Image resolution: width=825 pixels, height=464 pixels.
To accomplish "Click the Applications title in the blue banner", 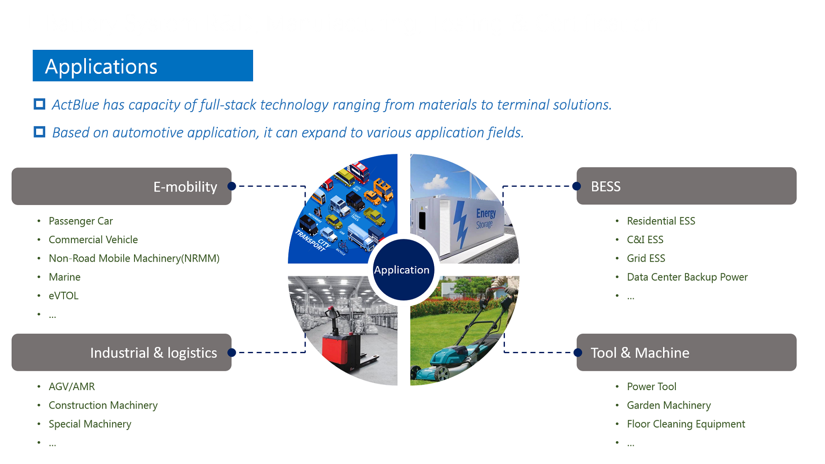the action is (x=101, y=67).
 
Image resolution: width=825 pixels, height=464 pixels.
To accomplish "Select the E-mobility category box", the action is (x=122, y=186).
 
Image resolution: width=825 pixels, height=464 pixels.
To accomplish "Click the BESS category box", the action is (x=686, y=186).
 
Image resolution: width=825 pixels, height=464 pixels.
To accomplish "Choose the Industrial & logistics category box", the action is (x=122, y=352).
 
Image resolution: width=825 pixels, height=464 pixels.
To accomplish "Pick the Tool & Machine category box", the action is (x=686, y=352).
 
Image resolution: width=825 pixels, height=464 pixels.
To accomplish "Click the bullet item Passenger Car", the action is (x=81, y=221).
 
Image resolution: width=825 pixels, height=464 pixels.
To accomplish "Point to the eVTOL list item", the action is (x=64, y=296).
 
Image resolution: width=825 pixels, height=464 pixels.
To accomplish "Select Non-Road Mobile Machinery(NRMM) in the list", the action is (x=134, y=258).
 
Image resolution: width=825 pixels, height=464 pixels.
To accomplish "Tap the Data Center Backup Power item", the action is (x=687, y=277).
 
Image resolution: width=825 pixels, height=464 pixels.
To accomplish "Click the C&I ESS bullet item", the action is (x=645, y=240).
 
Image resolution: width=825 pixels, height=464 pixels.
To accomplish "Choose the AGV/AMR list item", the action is (x=72, y=387).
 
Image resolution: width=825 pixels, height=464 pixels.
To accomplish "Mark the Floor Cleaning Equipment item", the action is (x=686, y=424).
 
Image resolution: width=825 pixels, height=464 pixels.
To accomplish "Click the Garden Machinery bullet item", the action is (x=669, y=405).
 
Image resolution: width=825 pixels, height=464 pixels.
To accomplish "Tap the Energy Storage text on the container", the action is (x=486, y=219).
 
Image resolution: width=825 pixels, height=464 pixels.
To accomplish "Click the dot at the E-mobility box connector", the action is (x=232, y=186).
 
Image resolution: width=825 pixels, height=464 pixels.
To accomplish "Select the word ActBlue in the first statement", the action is (x=76, y=105).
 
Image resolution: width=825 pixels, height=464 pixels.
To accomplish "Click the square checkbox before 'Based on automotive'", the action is (x=40, y=132).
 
